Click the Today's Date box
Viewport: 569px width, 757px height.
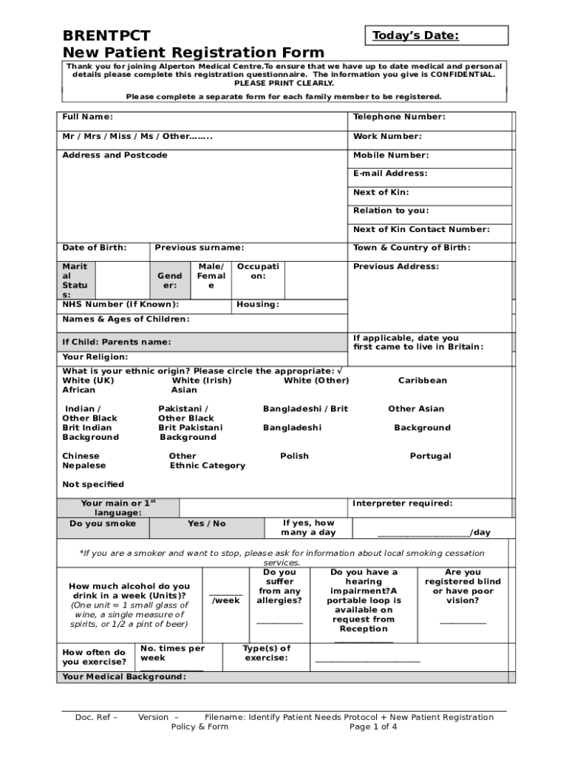coord(436,35)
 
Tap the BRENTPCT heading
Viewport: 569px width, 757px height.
coord(106,35)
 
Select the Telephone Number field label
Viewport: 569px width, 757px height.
coord(399,117)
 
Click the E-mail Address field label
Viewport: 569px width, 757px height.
coord(390,174)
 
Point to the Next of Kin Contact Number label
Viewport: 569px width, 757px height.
coord(421,230)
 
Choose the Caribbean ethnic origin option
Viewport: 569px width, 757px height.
coord(423,381)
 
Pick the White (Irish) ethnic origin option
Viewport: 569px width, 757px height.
coord(202,381)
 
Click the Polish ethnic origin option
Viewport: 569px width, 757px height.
coord(295,456)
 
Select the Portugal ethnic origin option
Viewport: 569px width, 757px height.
coord(431,456)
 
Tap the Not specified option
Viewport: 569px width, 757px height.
coord(93,485)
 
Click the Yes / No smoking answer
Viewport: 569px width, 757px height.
coord(207,523)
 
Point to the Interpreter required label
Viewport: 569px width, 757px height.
coord(403,504)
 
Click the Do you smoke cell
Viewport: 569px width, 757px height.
coord(103,523)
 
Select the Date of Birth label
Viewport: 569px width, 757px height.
coord(95,248)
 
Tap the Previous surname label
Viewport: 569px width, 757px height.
coord(200,248)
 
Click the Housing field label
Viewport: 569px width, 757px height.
coord(258,305)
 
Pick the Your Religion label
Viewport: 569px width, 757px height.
coord(96,357)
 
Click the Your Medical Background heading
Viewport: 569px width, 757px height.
coord(124,677)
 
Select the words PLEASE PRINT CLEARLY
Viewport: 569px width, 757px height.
coord(284,84)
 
